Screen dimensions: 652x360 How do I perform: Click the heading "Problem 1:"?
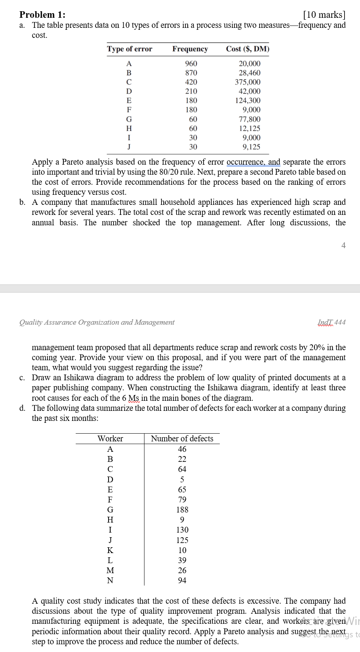tap(42, 15)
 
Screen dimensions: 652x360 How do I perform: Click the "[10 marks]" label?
tap(324, 15)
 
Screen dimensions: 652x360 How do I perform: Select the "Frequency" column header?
tap(190, 49)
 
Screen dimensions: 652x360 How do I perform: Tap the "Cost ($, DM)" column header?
tap(248, 49)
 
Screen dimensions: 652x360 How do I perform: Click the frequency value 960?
tap(191, 63)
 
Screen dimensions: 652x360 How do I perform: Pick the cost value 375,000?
tap(248, 82)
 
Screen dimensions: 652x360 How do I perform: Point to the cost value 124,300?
tap(248, 100)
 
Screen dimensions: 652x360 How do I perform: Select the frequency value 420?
tap(191, 82)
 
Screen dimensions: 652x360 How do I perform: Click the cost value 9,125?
tap(251, 147)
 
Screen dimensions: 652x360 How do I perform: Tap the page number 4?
tap(343, 245)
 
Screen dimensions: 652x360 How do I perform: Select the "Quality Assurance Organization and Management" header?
tap(97, 322)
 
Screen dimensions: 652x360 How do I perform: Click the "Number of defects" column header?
tap(182, 439)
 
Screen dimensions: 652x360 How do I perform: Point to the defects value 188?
tap(182, 510)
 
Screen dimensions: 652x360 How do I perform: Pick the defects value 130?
tap(182, 530)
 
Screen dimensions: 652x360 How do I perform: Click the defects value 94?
tap(182, 581)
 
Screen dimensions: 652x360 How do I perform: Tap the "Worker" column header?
tap(110, 439)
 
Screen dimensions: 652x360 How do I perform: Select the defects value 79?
tap(182, 500)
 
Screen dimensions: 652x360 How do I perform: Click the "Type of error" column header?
tap(130, 49)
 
